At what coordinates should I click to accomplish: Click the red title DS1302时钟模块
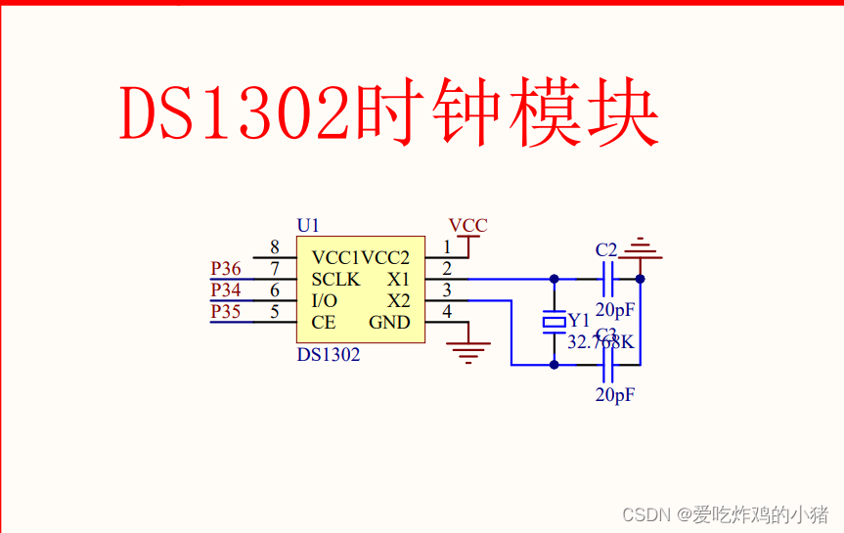pos(388,114)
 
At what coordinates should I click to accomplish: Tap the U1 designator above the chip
pos(308,225)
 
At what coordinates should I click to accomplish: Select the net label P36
pos(226,269)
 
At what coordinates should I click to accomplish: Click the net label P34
pos(226,290)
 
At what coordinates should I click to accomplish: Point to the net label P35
pos(226,312)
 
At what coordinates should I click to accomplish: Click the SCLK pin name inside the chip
pos(335,280)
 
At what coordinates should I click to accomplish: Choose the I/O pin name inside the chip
pos(325,301)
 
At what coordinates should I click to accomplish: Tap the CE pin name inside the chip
pos(324,323)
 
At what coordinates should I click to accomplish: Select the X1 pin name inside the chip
pos(399,280)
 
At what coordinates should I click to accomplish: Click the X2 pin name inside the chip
pos(399,301)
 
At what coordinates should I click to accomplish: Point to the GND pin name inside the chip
pos(389,323)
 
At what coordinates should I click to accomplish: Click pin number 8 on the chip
pos(275,247)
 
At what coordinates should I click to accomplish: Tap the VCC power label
pos(467,226)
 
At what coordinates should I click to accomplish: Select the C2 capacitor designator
pos(606,249)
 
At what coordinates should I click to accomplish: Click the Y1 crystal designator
pos(580,321)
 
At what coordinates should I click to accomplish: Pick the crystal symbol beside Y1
pos(555,321)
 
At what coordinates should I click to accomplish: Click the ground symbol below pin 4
pos(468,352)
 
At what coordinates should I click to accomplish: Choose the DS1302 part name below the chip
pos(329,355)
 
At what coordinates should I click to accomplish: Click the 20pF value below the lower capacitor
pos(615,395)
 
